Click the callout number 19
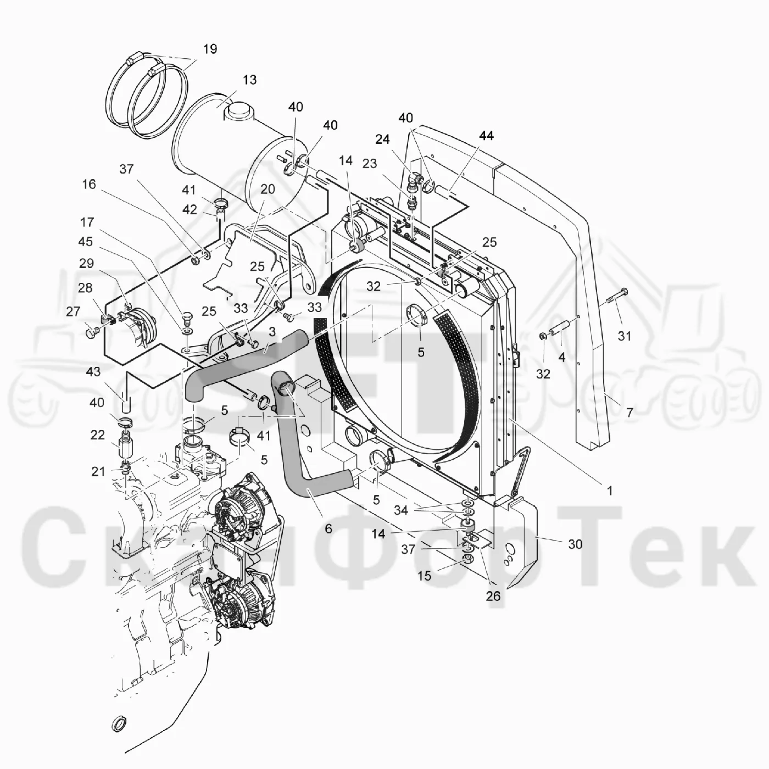[x=210, y=49]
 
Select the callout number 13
[x=249, y=80]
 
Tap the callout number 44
[x=486, y=136]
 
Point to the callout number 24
[x=382, y=140]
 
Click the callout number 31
[x=625, y=336]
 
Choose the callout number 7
[x=629, y=413]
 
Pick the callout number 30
[x=575, y=544]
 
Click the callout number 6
[x=328, y=529]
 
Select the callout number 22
[x=97, y=434]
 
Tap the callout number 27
[x=73, y=311]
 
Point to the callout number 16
[x=89, y=184]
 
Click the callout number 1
[x=609, y=491]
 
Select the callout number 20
[x=268, y=189]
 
